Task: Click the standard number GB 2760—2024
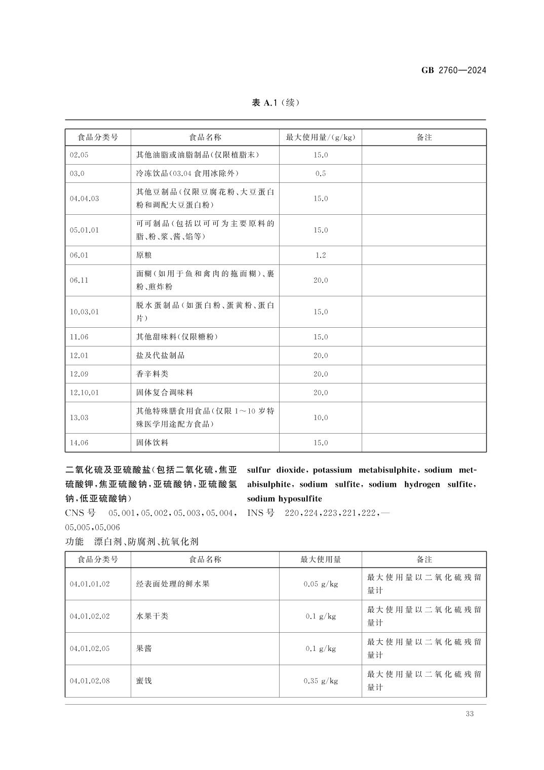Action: click(x=453, y=70)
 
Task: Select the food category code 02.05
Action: click(x=79, y=155)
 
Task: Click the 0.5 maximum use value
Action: click(x=321, y=174)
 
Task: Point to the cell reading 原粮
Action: click(x=144, y=255)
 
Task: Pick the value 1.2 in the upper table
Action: click(x=321, y=255)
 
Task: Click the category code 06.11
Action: click(x=79, y=280)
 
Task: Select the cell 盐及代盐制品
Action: click(x=160, y=356)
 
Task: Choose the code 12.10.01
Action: click(x=84, y=393)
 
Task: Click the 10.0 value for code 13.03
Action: click(x=321, y=418)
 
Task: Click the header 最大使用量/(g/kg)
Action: click(x=321, y=137)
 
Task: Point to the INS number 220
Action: click(x=292, y=513)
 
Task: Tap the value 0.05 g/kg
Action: click(x=321, y=584)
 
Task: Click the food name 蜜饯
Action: click(x=144, y=681)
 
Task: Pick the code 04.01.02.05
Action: click(x=90, y=649)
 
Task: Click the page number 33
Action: click(x=469, y=714)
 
